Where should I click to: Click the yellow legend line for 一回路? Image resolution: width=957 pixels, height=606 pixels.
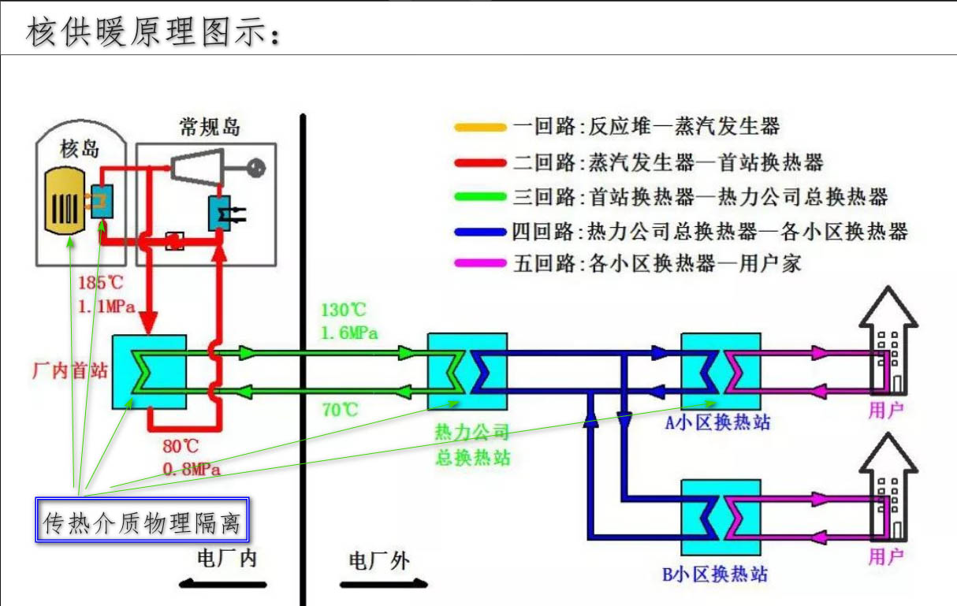(480, 127)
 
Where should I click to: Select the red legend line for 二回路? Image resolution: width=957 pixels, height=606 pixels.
(480, 162)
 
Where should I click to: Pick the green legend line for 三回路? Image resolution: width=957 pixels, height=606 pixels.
(480, 197)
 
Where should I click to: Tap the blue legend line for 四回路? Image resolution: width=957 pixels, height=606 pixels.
(480, 231)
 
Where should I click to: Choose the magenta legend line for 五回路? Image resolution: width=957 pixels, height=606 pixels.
(480, 263)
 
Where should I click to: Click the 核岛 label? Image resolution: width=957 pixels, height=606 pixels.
(80, 147)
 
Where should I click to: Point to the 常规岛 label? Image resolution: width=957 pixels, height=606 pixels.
(209, 126)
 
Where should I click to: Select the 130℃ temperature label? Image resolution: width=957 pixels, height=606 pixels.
(344, 311)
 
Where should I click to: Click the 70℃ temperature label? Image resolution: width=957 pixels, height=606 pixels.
(340, 410)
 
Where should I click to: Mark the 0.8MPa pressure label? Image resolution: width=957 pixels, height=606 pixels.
(192, 470)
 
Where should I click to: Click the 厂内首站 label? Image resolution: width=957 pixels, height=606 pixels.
(69, 370)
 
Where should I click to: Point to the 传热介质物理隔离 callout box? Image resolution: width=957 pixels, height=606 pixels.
(143, 519)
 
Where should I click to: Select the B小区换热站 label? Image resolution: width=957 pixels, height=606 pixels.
(716, 573)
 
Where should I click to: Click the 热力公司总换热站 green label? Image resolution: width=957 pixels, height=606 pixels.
(472, 444)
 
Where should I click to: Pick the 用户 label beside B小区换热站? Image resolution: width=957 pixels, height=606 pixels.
(885, 557)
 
